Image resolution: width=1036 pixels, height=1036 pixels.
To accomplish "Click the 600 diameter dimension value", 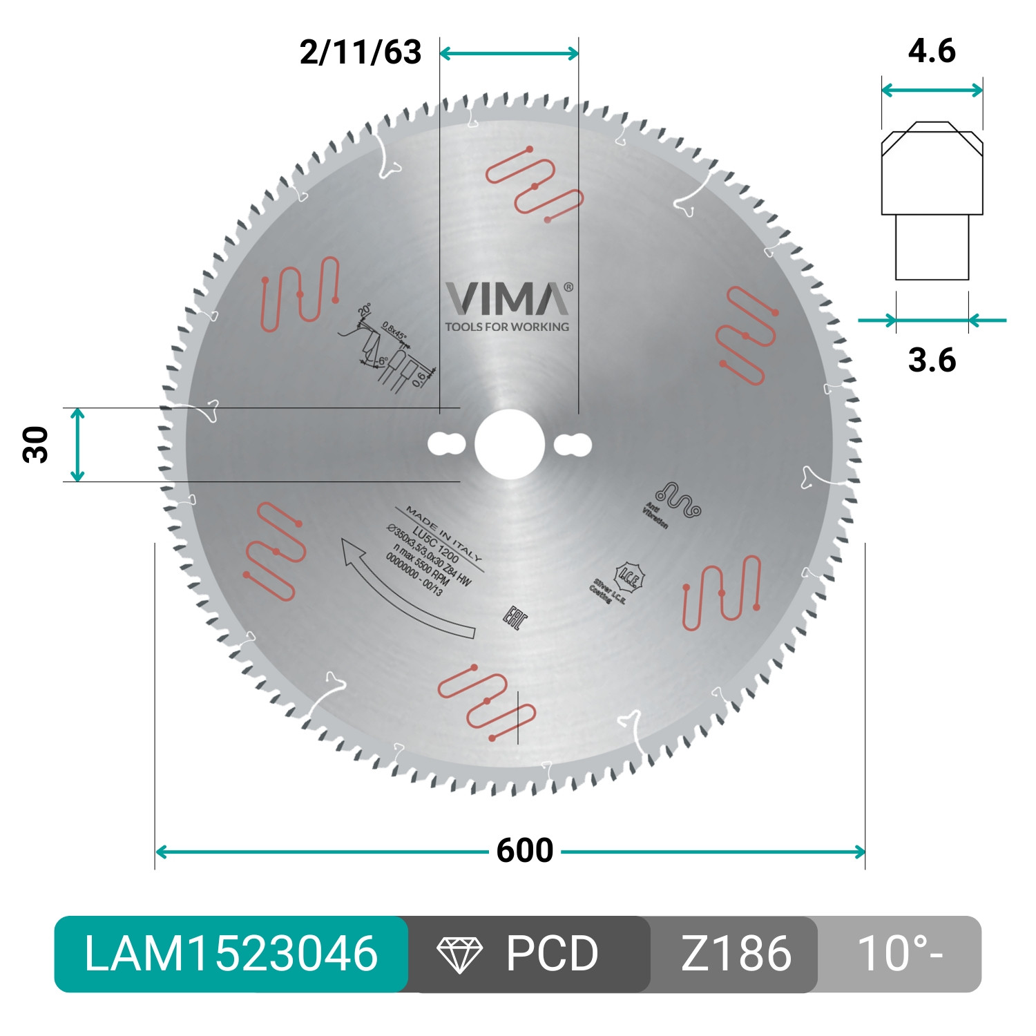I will (525, 850).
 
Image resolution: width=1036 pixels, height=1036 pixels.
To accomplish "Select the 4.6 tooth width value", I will (932, 52).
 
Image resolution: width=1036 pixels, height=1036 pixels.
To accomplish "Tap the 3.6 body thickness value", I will (932, 361).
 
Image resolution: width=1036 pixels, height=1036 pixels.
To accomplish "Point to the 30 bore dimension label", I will (36, 445).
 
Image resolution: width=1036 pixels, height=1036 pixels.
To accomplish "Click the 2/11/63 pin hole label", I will (361, 52).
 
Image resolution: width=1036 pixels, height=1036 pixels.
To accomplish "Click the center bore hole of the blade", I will (510, 444).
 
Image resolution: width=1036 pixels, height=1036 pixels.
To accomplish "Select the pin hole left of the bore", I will (446, 444).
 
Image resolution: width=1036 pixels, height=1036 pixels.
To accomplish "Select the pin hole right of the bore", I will (573, 445).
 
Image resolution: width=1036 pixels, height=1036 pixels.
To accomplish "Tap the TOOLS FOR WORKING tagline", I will (507, 327).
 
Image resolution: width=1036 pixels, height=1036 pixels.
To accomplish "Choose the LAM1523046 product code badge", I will (231, 954).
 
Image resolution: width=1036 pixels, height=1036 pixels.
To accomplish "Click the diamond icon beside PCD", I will (459, 955).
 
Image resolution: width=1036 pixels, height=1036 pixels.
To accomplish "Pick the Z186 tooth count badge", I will (736, 954).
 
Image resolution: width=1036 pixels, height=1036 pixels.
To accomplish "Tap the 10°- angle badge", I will (899, 954).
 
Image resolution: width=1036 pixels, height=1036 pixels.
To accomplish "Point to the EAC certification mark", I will (512, 618).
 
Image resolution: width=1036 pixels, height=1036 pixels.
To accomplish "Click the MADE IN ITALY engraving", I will (443, 534).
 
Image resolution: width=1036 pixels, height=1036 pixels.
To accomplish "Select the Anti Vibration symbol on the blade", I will (678, 500).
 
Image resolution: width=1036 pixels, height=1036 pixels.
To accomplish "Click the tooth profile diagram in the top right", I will (932, 200).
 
